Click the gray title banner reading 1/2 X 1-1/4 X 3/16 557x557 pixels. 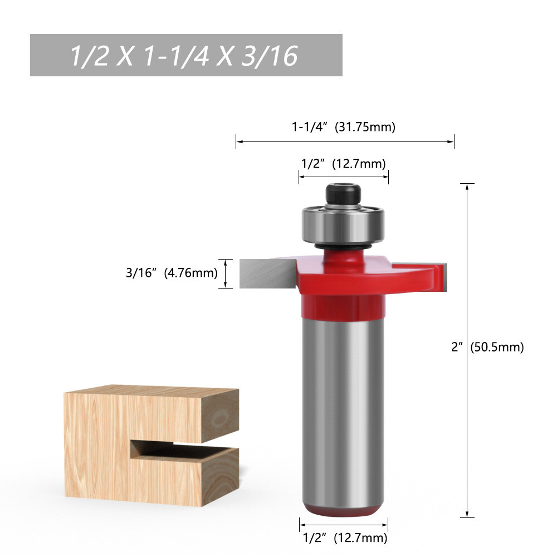186,55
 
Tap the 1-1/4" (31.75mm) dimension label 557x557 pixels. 344,127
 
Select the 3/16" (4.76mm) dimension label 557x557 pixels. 172,273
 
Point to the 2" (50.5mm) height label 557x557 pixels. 487,346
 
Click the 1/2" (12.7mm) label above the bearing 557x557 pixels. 344,164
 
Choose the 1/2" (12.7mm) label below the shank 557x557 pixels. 345,538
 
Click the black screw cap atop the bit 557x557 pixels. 343,194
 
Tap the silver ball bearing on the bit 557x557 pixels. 343,224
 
